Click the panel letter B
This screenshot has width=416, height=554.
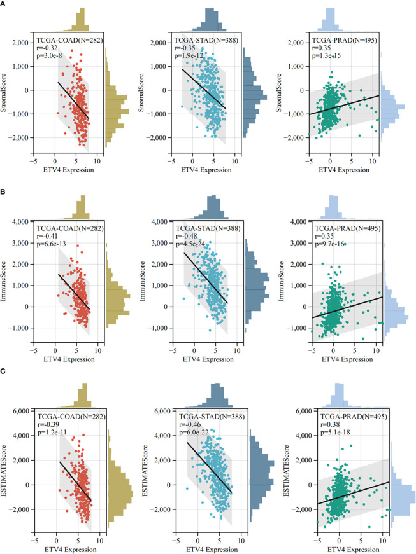pos(4,190)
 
